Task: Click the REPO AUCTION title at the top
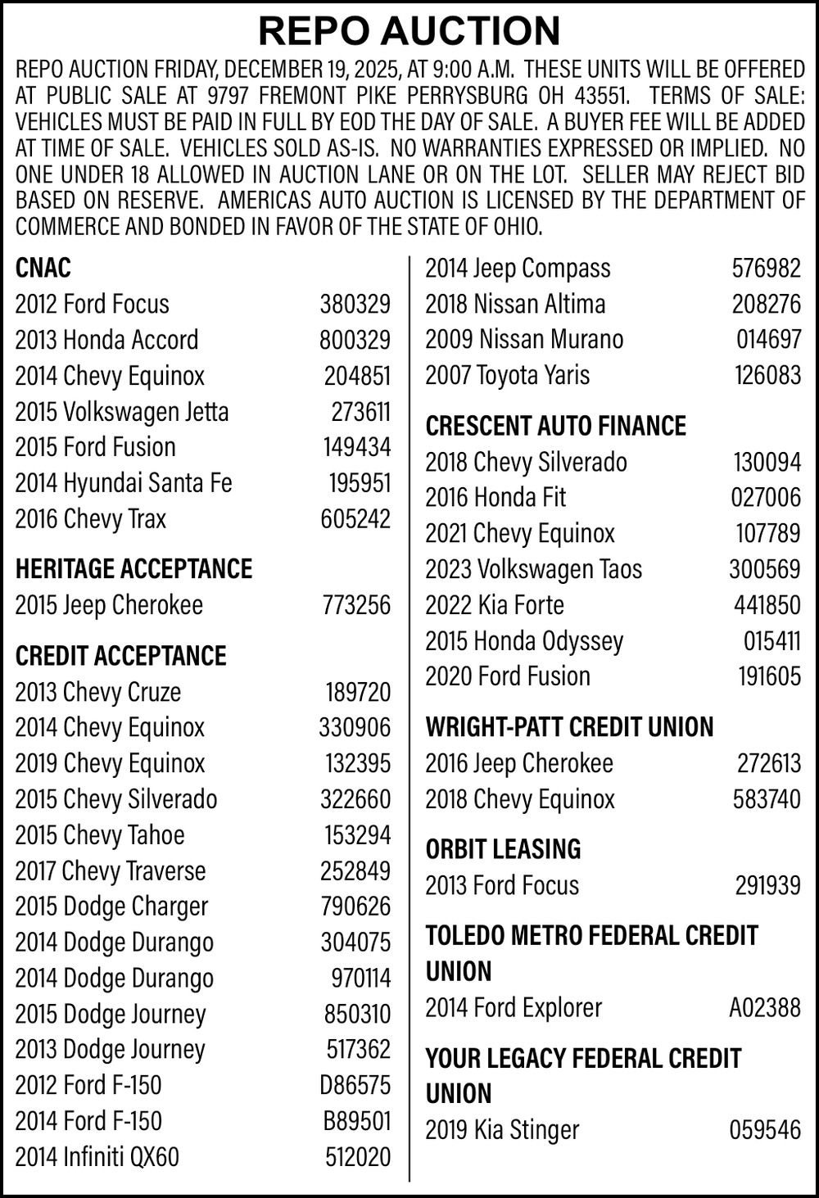pos(409,30)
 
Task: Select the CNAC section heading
pos(43,268)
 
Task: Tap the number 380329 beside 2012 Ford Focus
pos(355,304)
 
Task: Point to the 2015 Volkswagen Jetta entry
pos(122,411)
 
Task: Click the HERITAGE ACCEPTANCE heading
pos(133,568)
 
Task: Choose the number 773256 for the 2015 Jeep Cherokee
pos(355,605)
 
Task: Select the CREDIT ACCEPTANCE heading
pos(120,656)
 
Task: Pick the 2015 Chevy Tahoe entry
pos(100,835)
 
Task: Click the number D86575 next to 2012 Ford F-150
pos(355,1085)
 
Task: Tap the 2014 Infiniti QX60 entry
pos(97,1157)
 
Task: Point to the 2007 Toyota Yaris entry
pos(507,375)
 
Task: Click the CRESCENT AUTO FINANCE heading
pos(555,426)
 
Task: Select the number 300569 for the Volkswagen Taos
pos(765,569)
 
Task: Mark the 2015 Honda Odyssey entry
pos(524,640)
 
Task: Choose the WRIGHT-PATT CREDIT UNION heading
pos(569,727)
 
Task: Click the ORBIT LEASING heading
pos(503,849)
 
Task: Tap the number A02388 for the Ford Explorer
pos(765,1007)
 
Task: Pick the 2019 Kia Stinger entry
pos(502,1130)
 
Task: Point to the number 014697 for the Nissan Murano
pos(768,339)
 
